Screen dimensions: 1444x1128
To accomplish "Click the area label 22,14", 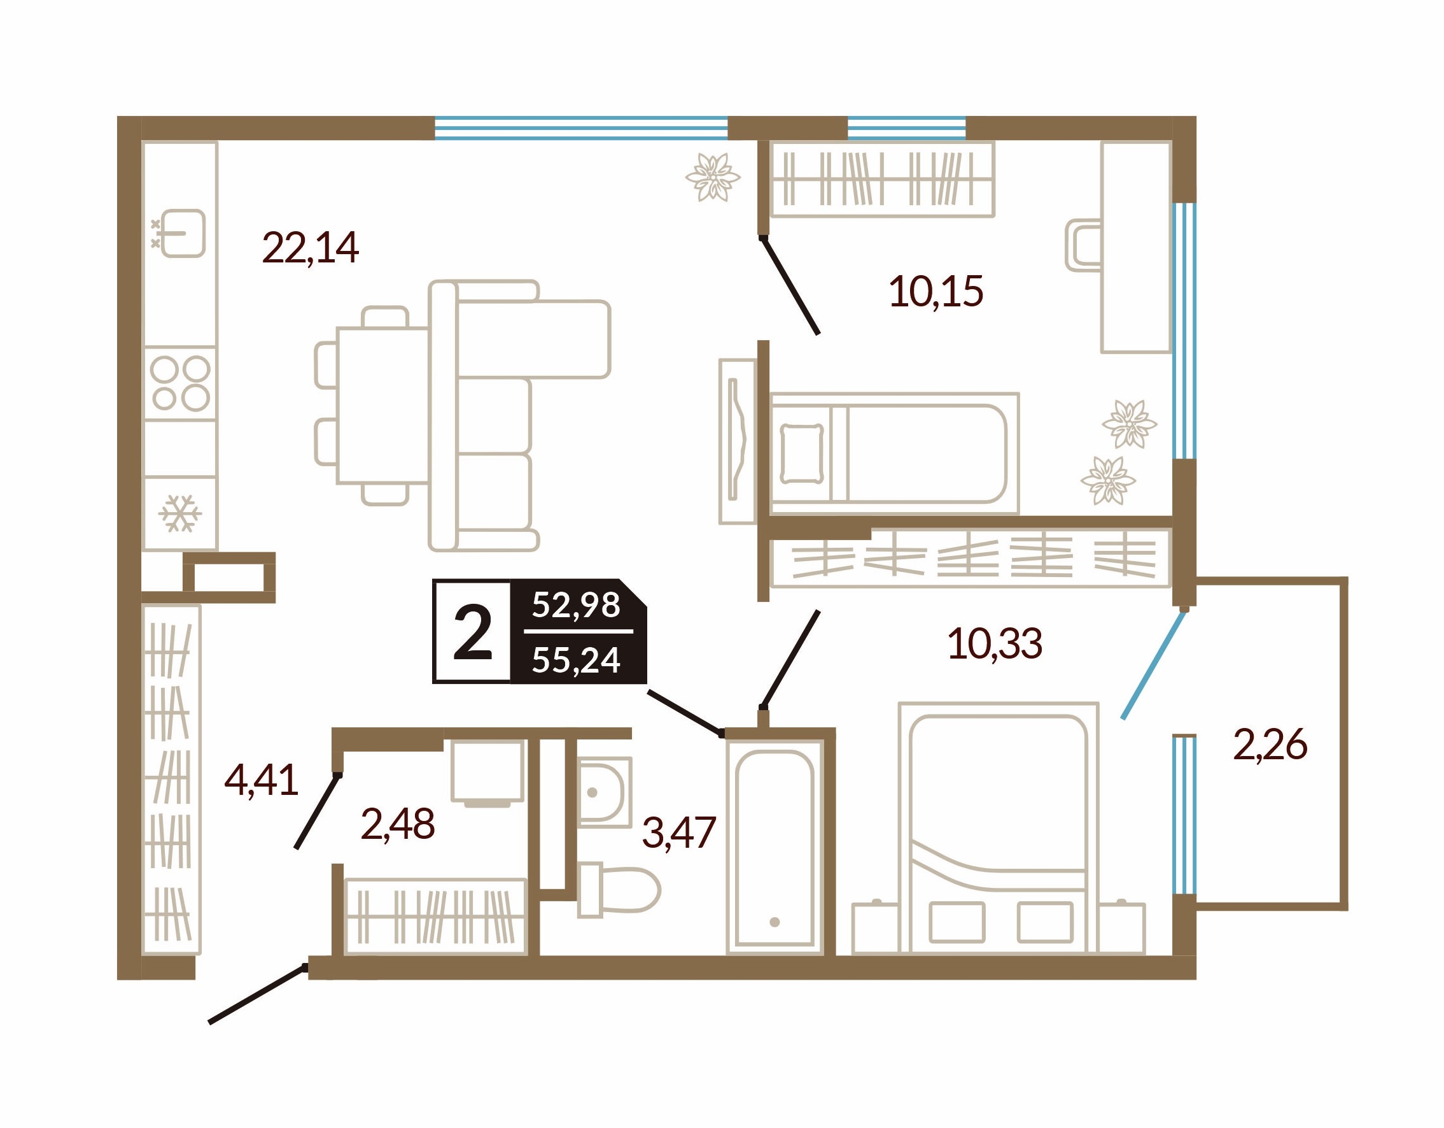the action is pyautogui.click(x=310, y=248).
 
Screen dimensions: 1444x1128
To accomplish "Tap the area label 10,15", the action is pyautogui.click(x=936, y=291).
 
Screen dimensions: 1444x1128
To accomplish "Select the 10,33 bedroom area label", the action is pyautogui.click(x=995, y=643).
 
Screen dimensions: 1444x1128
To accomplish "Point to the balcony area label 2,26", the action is pyautogui.click(x=1270, y=745).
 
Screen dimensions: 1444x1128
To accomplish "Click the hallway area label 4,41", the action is pyautogui.click(x=261, y=780).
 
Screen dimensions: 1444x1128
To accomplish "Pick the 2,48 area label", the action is pyautogui.click(x=397, y=824).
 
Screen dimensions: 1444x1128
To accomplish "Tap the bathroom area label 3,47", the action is pyautogui.click(x=679, y=832).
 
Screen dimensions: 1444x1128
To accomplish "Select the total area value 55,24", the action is pyautogui.click(x=576, y=660).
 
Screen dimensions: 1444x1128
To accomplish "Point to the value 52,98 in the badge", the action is pyautogui.click(x=576, y=604).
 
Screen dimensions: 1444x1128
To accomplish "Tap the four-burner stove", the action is pyautogui.click(x=180, y=383).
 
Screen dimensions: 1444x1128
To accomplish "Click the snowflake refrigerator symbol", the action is pyautogui.click(x=180, y=513).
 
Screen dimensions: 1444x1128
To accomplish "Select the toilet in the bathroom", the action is pyautogui.click(x=618, y=889).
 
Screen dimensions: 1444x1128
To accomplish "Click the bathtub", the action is pyautogui.click(x=775, y=848).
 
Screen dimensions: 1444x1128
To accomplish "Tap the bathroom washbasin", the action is pyautogui.click(x=605, y=792).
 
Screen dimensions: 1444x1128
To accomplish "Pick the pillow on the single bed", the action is pyautogui.click(x=802, y=453).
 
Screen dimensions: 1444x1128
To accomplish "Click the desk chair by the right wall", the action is pyautogui.click(x=1083, y=245).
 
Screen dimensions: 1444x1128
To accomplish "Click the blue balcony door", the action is pyautogui.click(x=1153, y=664).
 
